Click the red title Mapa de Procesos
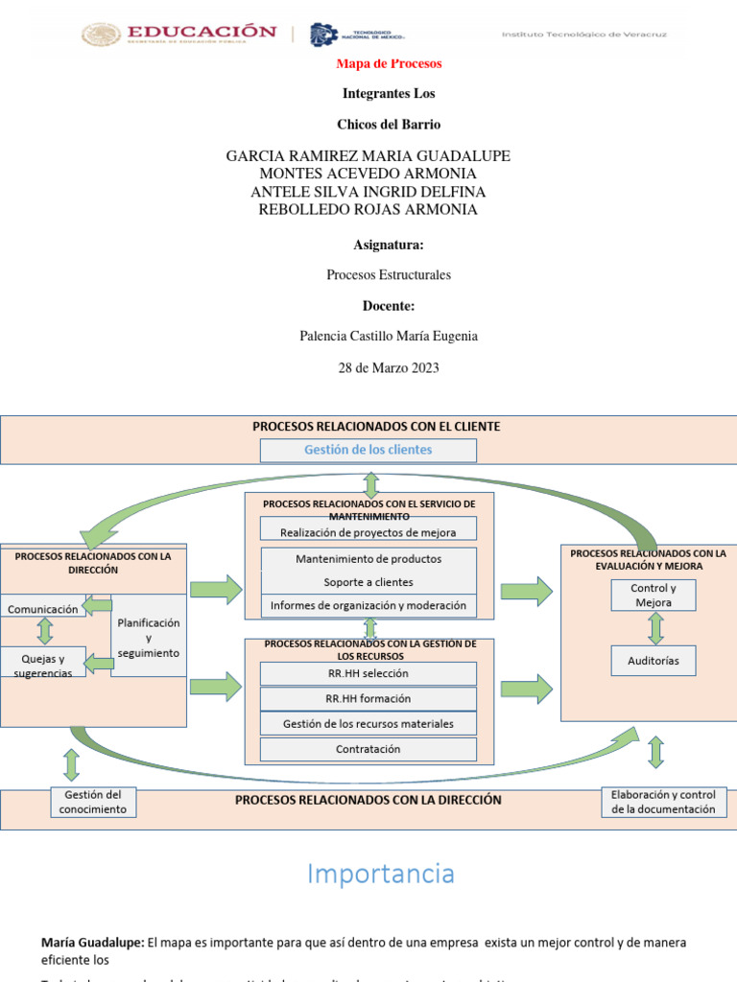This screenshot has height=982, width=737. pos(389,63)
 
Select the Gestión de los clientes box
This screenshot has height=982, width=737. pos(368,450)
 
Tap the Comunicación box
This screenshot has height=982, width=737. pos(43,609)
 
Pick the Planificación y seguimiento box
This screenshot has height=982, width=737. pos(148,638)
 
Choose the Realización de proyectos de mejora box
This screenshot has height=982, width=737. pos(368,532)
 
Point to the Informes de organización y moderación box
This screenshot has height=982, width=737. pos(368,606)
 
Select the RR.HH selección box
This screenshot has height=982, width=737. pos(368,674)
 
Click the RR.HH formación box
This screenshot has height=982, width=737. pos(368,699)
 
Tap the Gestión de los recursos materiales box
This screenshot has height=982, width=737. pos(368,724)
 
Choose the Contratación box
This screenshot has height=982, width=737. pos(368,749)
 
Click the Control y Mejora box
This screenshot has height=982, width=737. pos(654,596)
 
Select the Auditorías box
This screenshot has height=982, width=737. pos(654,661)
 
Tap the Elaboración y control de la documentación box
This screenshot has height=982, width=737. pos(664,802)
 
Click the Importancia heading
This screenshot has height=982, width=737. pos(381,875)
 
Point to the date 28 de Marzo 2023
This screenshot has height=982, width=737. pos(389,368)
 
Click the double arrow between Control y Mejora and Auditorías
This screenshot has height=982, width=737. pos(656,628)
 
